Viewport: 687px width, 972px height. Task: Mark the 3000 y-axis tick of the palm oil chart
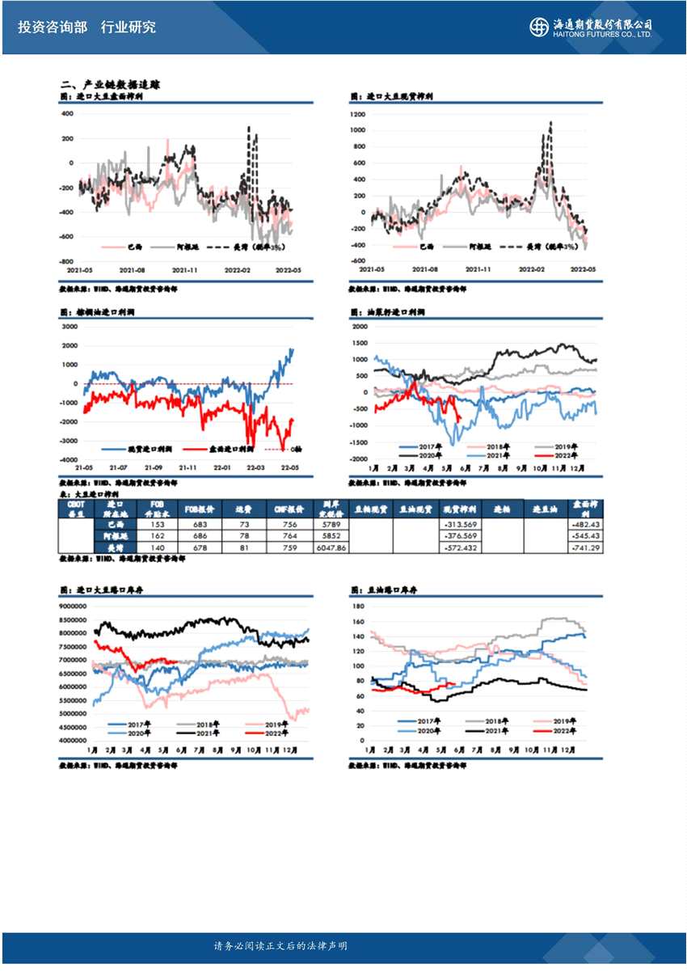(x=70, y=326)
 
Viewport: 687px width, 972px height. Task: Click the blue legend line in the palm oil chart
(x=114, y=448)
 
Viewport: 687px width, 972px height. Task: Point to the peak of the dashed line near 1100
(x=550, y=123)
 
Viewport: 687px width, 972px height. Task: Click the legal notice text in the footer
(x=280, y=946)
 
